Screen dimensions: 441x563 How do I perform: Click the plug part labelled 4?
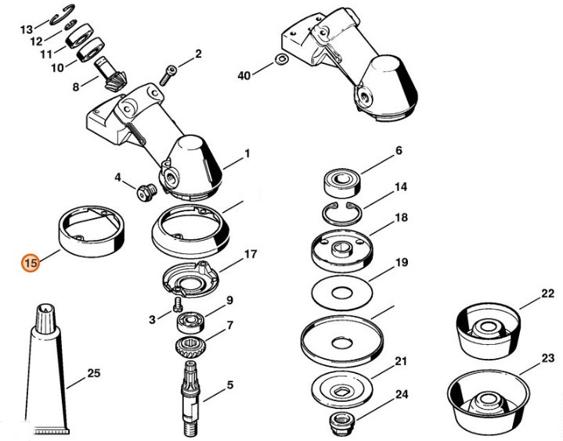tap(143, 191)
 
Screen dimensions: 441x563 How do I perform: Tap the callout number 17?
tap(251, 255)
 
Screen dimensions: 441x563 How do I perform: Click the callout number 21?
tap(400, 361)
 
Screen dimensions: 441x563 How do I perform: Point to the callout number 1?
tap(247, 154)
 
